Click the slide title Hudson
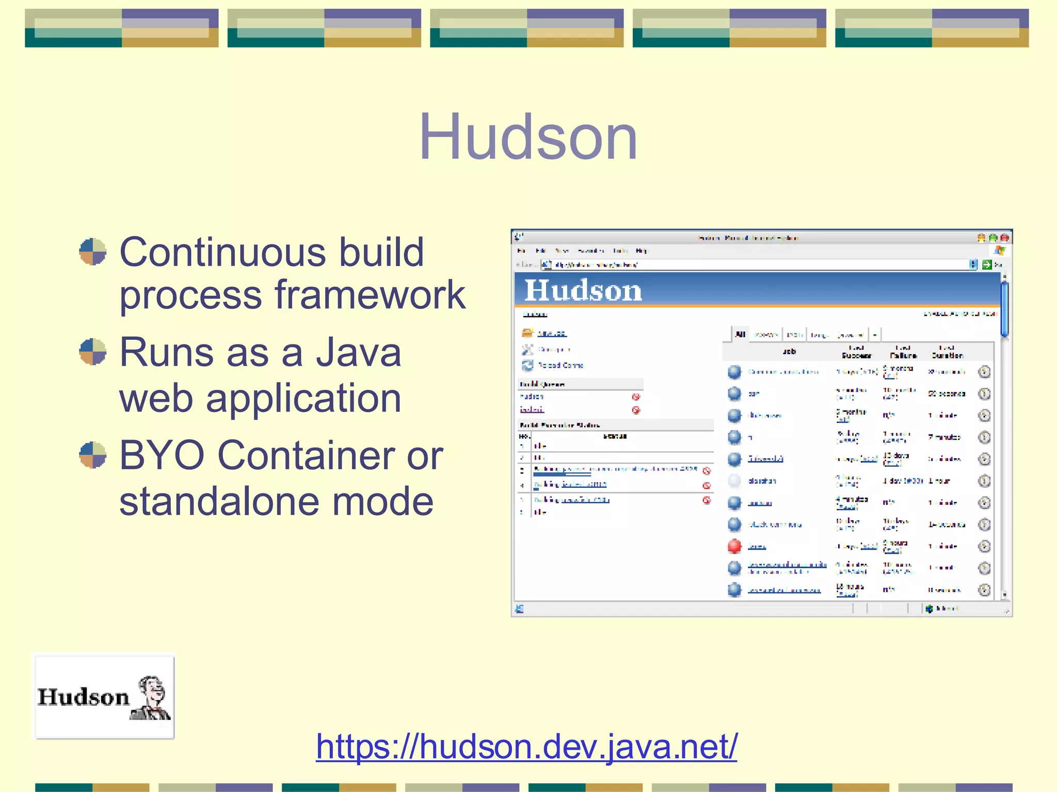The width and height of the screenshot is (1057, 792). pyautogui.click(x=528, y=137)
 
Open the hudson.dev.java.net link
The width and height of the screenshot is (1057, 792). pyautogui.click(x=526, y=746)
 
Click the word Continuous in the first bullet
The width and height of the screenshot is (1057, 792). pyautogui.click(x=223, y=253)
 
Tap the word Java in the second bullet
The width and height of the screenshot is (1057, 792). pyautogui.click(x=358, y=353)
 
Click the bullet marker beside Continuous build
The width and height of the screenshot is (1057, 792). pyautogui.click(x=93, y=252)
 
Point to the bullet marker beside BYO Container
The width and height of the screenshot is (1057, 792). pyautogui.click(x=93, y=455)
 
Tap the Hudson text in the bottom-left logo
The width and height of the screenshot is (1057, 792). pyautogui.click(x=83, y=697)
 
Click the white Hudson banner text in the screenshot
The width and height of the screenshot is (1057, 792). pyautogui.click(x=583, y=290)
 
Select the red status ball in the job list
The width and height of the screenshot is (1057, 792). pyautogui.click(x=734, y=546)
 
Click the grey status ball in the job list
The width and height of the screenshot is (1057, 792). pyautogui.click(x=734, y=481)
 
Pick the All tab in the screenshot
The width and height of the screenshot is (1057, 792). pyautogui.click(x=740, y=334)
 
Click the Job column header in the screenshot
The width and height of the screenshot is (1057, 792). pyautogui.click(x=789, y=352)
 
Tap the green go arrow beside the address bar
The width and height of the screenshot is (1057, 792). pyautogui.click(x=986, y=265)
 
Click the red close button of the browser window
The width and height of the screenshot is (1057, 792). pyautogui.click(x=1004, y=238)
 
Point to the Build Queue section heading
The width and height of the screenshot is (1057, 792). pyautogui.click(x=542, y=384)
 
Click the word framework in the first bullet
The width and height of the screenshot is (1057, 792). pyautogui.click(x=370, y=295)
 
